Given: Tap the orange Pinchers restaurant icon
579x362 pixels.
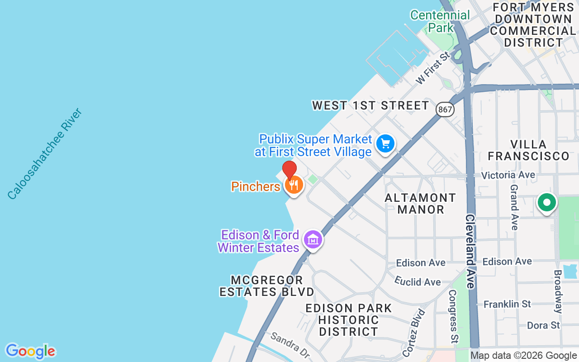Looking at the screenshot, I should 294,185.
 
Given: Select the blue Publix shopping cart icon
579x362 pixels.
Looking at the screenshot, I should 385,144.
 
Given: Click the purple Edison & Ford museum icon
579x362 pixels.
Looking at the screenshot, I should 313,239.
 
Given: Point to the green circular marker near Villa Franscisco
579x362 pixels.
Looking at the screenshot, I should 546,202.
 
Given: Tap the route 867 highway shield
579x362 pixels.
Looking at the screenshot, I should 445,109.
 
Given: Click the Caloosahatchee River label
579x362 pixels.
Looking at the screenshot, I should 45,153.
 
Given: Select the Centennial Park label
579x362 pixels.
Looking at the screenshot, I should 440,21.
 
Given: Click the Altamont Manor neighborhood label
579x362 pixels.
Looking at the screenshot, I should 420,204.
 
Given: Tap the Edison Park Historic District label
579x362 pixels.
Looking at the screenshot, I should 348,320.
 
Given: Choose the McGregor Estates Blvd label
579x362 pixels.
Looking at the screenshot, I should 266,286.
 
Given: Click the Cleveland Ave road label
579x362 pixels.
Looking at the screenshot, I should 470,251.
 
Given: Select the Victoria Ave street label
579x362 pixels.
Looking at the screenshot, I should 508,175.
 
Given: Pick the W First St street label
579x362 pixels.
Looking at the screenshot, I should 433,68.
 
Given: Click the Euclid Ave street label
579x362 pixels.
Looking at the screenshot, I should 418,281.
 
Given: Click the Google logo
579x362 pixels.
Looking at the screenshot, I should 30,351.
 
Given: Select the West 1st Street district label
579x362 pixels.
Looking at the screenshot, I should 370,105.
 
